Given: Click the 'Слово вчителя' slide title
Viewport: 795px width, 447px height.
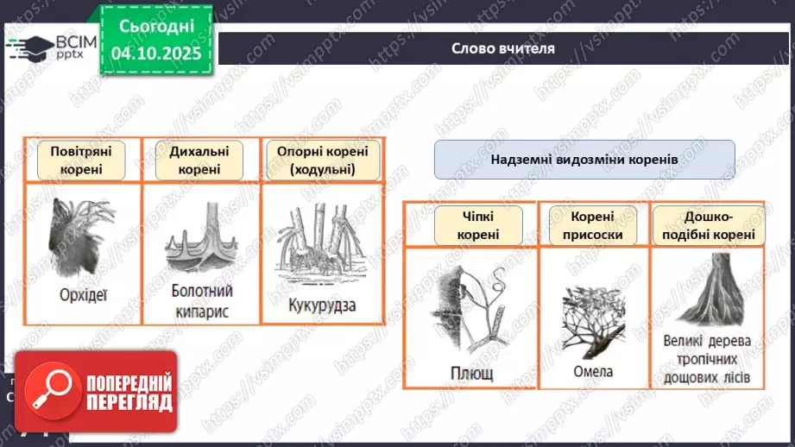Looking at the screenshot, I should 502,48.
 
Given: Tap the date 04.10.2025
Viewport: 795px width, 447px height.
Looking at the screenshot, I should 156,54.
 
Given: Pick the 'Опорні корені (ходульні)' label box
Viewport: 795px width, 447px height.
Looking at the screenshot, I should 322,160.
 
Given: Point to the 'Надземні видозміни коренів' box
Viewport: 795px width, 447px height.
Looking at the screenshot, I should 584,160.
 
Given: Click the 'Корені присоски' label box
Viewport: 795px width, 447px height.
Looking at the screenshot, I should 592,224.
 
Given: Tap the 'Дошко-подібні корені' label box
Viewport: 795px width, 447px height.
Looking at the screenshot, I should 705,224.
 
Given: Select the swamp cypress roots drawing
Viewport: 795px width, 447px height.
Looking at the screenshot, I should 200,242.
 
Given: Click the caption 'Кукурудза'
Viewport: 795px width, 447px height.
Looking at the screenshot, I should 322,305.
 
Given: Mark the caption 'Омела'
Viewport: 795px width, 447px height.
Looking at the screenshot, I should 592,371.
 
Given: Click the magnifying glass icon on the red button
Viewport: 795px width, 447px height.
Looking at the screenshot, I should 51,391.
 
